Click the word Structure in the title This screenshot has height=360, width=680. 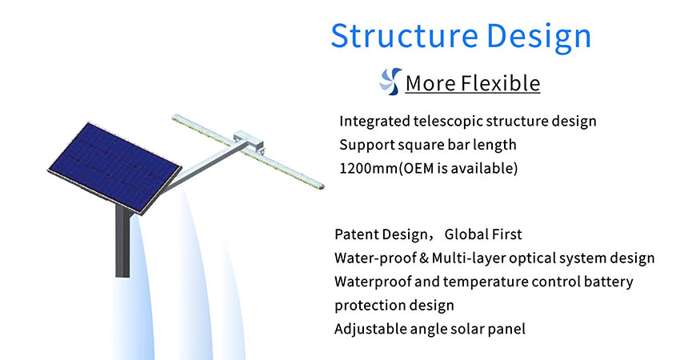[405, 35]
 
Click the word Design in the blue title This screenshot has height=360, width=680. [539, 38]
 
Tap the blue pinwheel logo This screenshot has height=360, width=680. [390, 81]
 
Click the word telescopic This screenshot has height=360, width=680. [444, 122]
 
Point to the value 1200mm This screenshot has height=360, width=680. [368, 168]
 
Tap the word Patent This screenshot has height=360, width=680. [356, 234]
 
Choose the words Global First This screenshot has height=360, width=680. [483, 234]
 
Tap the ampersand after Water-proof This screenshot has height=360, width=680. [424, 258]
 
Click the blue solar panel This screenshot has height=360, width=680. [114, 167]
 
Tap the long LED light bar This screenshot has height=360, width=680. [248, 151]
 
